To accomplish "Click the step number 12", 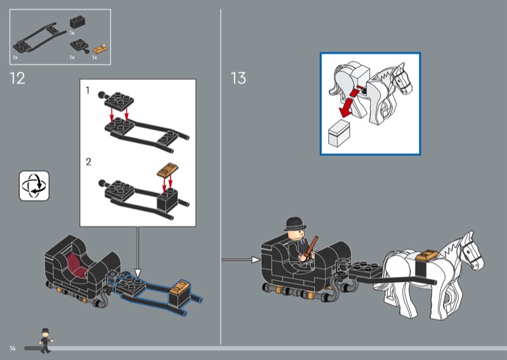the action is (17, 79).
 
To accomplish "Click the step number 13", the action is (238, 78).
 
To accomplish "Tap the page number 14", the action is (12, 348).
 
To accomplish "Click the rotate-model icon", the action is (34, 186).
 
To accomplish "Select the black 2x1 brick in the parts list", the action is (77, 22).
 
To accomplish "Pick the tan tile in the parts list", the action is (100, 49).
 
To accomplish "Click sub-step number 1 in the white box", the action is (87, 90).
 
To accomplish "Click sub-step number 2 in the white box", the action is (88, 162).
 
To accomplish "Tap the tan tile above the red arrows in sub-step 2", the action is (168, 169).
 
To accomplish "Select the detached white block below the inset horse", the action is (338, 133).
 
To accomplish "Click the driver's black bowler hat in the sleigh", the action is (295, 224).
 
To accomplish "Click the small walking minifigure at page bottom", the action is (46, 340).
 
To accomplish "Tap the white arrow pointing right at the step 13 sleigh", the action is (241, 259).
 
